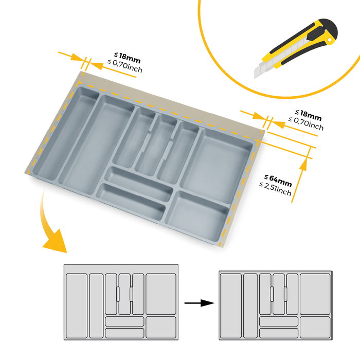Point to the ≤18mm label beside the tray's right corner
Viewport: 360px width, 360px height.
(x=308, y=113)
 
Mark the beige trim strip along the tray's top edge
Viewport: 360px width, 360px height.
(x=170, y=103)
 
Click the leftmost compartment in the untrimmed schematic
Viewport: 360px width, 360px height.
(x=76, y=305)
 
